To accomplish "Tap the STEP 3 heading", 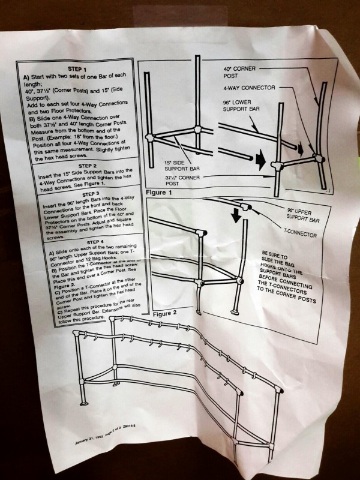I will (86, 194).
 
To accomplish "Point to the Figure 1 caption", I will (159, 193).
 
